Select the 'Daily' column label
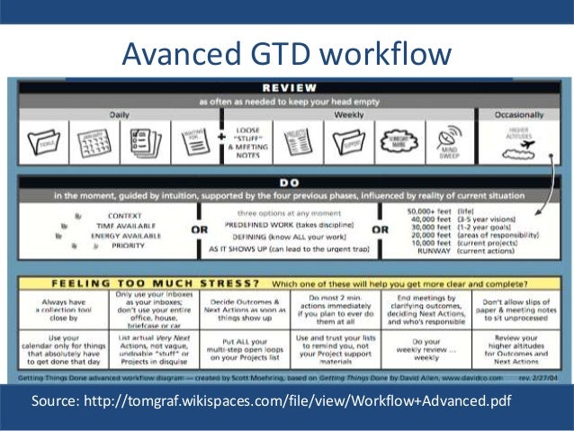click(119, 115)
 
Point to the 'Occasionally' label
click(513, 115)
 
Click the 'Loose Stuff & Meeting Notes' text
click(248, 141)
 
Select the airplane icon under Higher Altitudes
click(526, 147)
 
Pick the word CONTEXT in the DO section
click(124, 215)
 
